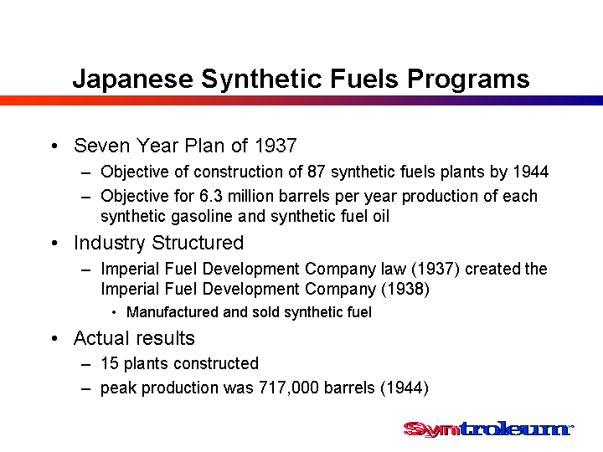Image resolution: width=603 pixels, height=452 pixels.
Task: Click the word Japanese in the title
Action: point(133,80)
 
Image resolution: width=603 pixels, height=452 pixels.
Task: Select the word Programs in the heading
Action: point(468,80)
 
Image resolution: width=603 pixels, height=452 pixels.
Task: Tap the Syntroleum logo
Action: point(488,429)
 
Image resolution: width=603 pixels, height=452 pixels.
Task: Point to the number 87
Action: point(317,172)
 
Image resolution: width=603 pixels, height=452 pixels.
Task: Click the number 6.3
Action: point(211,196)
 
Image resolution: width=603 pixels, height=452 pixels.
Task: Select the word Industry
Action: point(110,244)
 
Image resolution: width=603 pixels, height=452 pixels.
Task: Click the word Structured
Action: point(198,243)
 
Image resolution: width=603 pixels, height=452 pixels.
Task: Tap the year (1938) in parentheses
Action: point(405,289)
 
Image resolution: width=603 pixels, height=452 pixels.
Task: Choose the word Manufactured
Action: point(173,312)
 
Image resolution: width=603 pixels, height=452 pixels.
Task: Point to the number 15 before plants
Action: point(110,363)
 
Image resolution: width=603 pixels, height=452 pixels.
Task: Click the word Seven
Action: point(102,146)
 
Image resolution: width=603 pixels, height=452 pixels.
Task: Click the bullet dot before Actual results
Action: point(54,339)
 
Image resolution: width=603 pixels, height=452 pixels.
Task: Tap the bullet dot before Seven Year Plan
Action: point(54,146)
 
